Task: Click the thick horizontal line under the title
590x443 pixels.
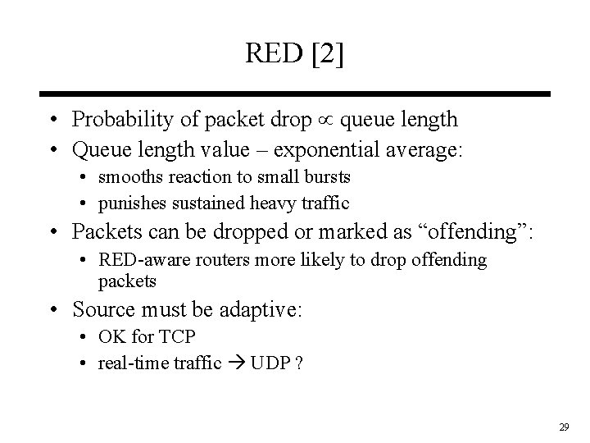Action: point(295,94)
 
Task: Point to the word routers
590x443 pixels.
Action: point(216,260)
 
